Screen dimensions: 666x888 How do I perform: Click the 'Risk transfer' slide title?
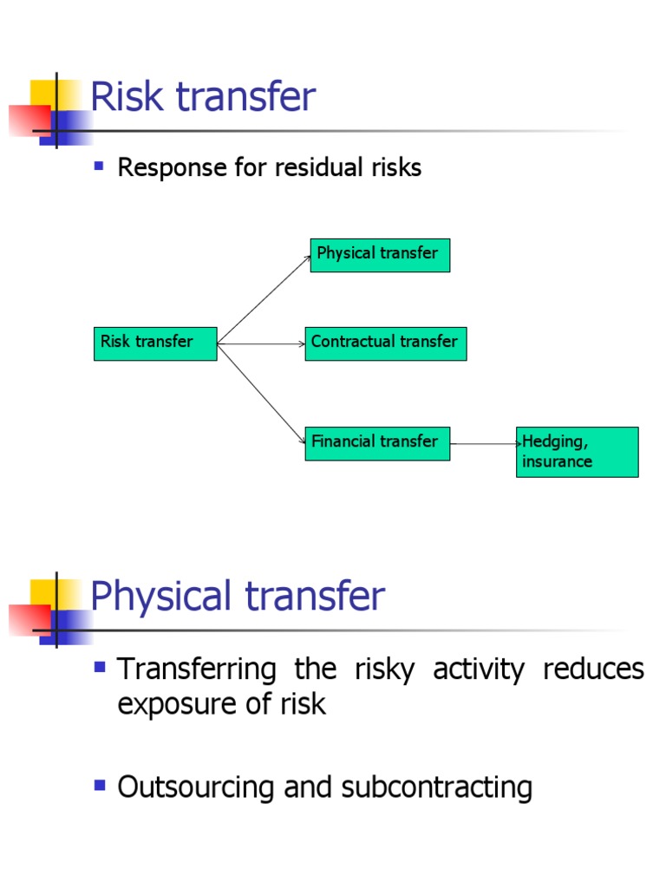[203, 97]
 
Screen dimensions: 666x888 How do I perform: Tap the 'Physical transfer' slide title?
[237, 597]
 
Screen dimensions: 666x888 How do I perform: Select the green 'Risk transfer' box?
[155, 343]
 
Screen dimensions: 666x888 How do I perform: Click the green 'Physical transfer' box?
[380, 255]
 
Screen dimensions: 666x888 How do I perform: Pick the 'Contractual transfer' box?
[385, 343]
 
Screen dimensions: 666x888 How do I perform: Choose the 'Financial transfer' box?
[377, 443]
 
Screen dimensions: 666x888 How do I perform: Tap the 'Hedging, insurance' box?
[577, 452]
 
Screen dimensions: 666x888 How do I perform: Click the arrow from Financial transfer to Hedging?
[483, 444]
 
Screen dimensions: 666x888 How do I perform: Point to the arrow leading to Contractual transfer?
[260, 344]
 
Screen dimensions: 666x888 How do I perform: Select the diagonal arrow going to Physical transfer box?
[264, 300]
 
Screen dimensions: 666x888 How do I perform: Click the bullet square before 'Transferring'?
[100, 667]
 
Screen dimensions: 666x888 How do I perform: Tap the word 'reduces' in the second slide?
[593, 669]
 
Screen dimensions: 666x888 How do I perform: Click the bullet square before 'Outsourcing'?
[100, 786]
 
